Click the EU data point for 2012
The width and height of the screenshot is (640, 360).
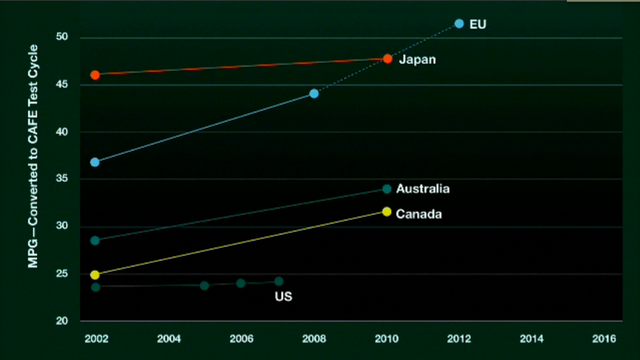pyautogui.click(x=459, y=24)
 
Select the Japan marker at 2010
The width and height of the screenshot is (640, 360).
pyautogui.click(x=387, y=59)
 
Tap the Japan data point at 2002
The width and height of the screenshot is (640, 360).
pyautogui.click(x=95, y=75)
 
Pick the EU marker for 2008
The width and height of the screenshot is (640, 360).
pyautogui.click(x=314, y=94)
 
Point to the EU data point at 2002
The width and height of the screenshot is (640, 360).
pyautogui.click(x=95, y=162)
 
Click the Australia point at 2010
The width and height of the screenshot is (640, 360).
pyautogui.click(x=387, y=189)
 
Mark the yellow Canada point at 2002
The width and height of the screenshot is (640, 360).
pyautogui.click(x=95, y=275)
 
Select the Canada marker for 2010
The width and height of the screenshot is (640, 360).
pyautogui.click(x=387, y=211)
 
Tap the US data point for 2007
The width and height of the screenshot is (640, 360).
pyautogui.click(x=279, y=281)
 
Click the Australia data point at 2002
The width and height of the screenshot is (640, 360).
pyautogui.click(x=95, y=240)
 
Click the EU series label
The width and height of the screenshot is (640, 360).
pyautogui.click(x=477, y=25)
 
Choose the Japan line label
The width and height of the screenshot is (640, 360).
pyautogui.click(x=417, y=60)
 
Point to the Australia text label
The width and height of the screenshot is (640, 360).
pyautogui.click(x=422, y=189)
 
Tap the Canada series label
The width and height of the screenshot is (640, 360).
pyautogui.click(x=418, y=214)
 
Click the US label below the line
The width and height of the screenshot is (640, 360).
pyautogui.click(x=283, y=297)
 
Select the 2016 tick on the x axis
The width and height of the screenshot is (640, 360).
pyautogui.click(x=604, y=339)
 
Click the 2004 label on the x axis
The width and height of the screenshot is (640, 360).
pyautogui.click(x=169, y=339)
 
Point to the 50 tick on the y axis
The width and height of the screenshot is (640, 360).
pyautogui.click(x=63, y=37)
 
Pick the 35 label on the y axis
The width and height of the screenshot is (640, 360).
pyautogui.click(x=63, y=179)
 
